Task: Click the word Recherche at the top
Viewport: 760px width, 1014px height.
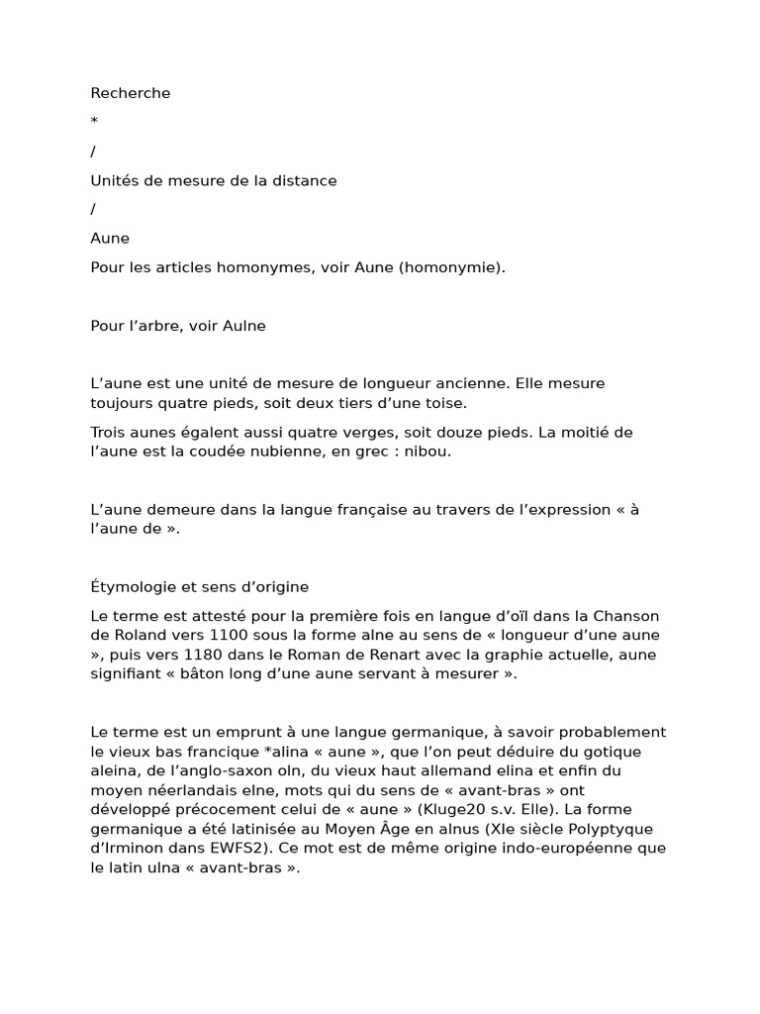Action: (x=131, y=93)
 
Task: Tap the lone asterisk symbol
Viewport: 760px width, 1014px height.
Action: (x=94, y=122)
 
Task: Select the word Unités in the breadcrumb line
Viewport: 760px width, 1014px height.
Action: (x=113, y=180)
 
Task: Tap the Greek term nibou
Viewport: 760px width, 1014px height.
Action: (x=429, y=451)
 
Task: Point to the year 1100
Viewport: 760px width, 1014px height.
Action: (x=232, y=635)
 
